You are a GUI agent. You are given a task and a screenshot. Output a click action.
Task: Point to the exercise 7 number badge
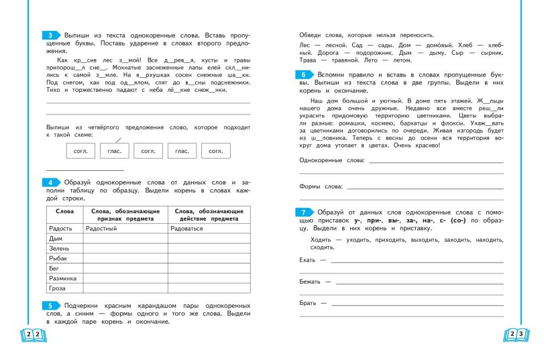click(305, 212)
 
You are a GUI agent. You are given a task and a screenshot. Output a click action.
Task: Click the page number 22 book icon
click(33, 334)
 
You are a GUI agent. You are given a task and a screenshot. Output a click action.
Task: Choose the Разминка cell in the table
click(63, 278)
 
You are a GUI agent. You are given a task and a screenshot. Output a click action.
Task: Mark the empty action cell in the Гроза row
click(209, 288)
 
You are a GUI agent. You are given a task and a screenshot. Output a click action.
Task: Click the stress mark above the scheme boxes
click(118, 139)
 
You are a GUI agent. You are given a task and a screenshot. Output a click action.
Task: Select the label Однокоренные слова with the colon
click(332, 161)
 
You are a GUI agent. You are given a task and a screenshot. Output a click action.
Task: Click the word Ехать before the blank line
click(308, 259)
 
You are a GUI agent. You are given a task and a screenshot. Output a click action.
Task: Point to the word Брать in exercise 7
click(309, 303)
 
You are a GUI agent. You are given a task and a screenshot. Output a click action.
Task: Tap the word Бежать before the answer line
click(311, 281)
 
